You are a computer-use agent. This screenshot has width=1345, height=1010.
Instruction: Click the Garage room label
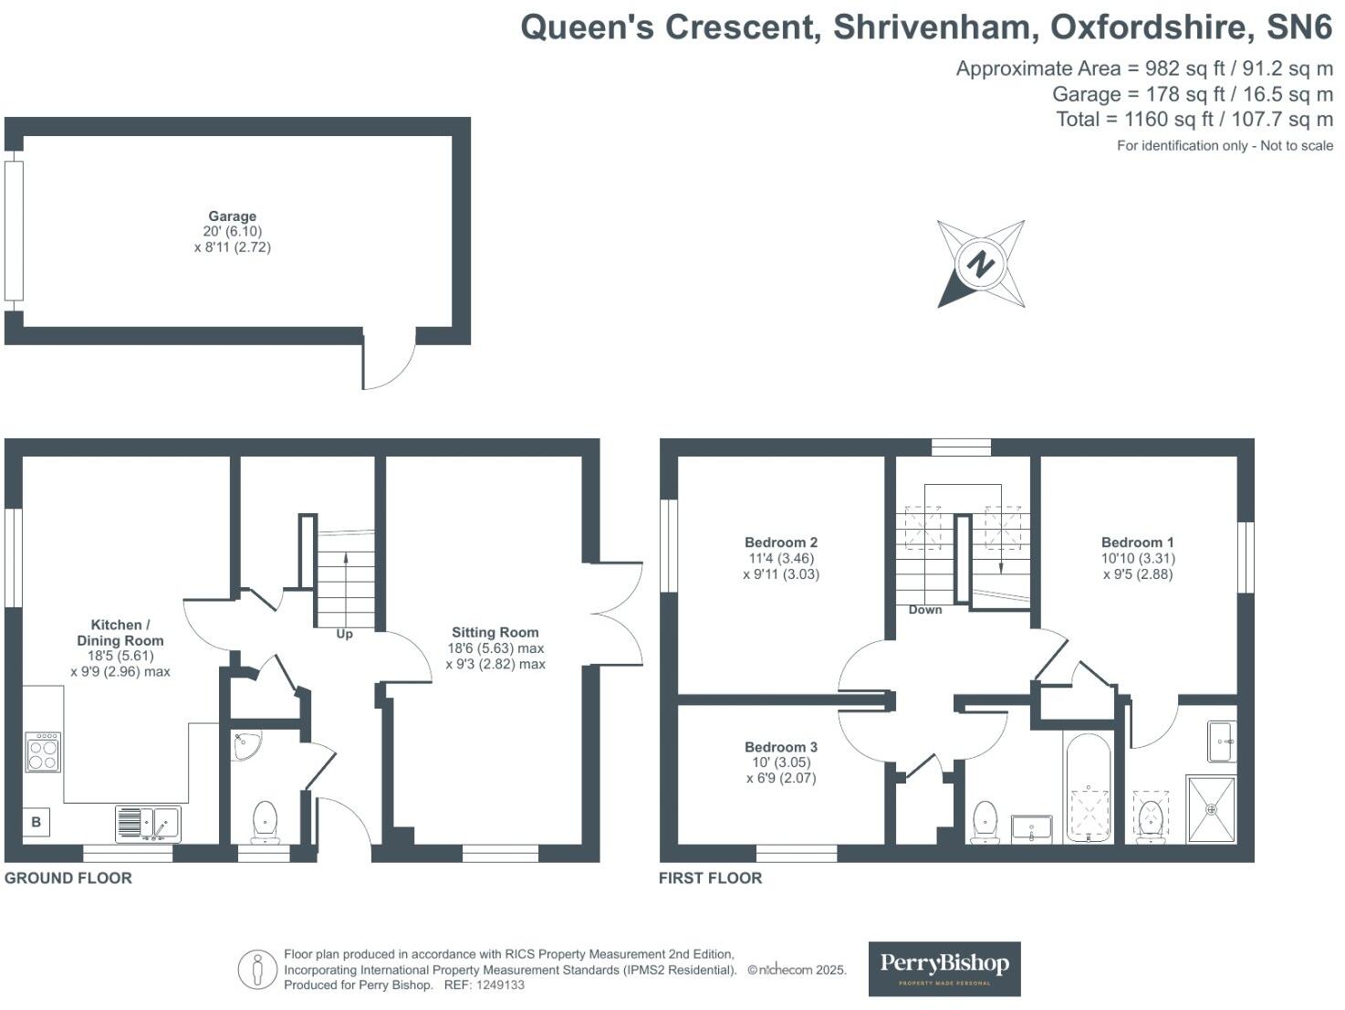[232, 216]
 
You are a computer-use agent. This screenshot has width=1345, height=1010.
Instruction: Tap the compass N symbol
[981, 264]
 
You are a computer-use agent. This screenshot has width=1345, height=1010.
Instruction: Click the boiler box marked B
[36, 822]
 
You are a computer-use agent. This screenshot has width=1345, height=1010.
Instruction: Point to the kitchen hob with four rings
[43, 752]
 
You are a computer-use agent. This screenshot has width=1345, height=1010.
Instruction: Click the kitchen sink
[149, 824]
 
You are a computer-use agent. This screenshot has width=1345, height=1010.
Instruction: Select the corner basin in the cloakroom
[245, 744]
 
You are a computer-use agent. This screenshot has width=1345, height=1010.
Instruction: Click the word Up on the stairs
[344, 634]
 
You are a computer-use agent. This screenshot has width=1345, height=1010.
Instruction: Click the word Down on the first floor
[924, 609]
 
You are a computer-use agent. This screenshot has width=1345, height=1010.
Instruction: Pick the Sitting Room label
[495, 632]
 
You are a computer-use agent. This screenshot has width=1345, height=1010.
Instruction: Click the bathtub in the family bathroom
[1087, 788]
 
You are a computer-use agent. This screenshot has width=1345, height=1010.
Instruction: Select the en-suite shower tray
[1211, 809]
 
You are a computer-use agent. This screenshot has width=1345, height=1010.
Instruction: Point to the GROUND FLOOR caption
[68, 878]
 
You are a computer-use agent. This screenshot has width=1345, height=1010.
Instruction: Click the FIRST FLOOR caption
[710, 878]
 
